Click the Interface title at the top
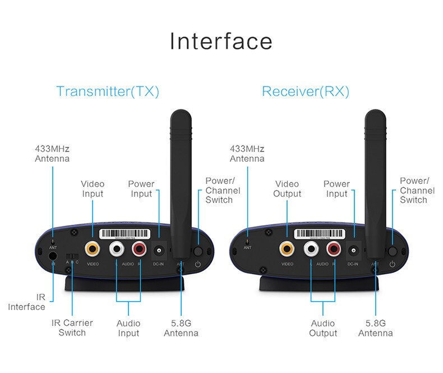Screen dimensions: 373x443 coord(221,42)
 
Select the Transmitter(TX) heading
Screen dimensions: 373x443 coord(108,91)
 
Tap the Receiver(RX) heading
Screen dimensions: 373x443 coord(306,91)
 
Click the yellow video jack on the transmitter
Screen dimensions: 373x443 coord(93,248)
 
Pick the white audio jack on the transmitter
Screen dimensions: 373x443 coord(117,248)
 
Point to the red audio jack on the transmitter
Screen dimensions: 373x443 coord(139,248)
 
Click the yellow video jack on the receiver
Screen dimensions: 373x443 coord(287,248)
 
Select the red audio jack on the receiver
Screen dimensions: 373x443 coord(334,248)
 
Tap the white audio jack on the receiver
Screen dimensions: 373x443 coord(311,248)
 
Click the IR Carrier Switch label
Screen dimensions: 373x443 coord(72,327)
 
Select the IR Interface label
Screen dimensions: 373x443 coord(27,302)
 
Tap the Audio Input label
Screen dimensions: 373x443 coord(128,328)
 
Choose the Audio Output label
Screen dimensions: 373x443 coord(324,328)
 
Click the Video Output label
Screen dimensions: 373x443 coord(288,189)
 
